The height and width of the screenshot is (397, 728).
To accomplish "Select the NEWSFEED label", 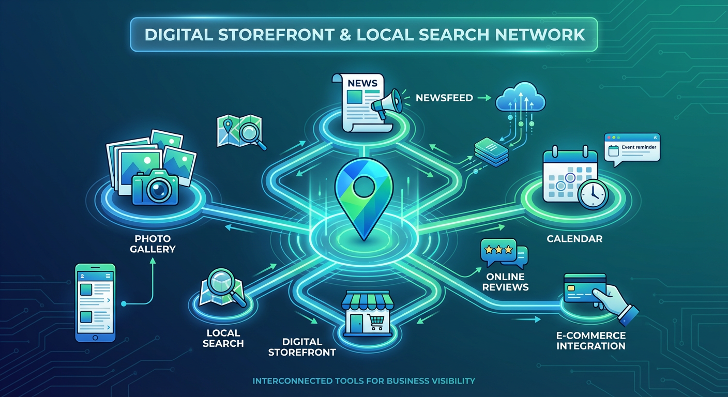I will tap(444, 97).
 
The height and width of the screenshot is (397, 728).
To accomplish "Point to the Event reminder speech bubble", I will tap(632, 148).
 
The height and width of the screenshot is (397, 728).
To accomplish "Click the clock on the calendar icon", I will tap(593, 195).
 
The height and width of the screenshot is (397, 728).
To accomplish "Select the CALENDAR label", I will tap(574, 239).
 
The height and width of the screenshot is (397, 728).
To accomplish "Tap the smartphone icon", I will tap(95, 302).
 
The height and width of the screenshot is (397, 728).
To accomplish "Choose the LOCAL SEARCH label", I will tap(223, 338).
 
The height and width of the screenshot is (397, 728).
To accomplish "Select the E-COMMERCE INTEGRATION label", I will tap(590, 341).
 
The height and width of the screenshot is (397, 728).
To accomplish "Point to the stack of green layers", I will tap(492, 152).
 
